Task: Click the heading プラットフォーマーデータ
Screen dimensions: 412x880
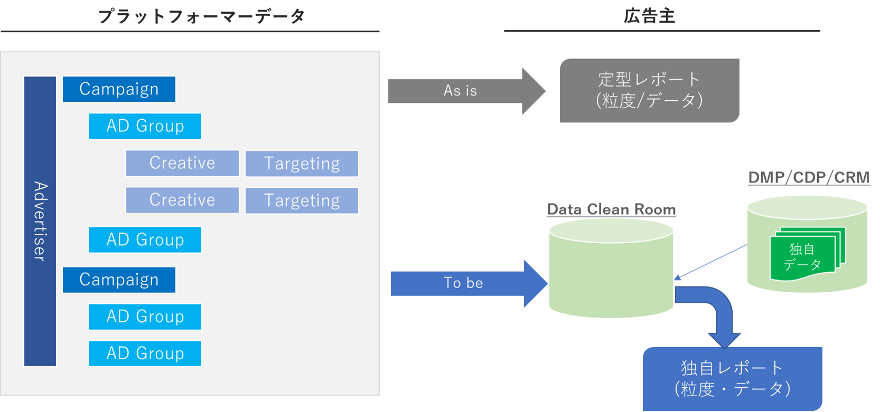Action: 201,16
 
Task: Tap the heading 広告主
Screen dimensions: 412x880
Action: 649,16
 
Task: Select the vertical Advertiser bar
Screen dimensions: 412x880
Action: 40,221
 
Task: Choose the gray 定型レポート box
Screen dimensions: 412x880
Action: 649,91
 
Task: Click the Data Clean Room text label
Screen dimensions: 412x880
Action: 611,209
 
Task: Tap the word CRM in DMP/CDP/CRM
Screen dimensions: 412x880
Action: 851,178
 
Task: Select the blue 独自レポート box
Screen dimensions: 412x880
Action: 732,378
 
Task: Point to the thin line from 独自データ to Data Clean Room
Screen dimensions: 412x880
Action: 710,262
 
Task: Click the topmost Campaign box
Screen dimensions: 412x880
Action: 119,89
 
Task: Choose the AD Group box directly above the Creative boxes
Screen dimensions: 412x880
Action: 145,126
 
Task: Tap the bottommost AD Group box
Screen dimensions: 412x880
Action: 145,353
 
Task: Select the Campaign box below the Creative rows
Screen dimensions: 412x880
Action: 119,280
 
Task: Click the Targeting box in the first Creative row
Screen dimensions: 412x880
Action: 302,164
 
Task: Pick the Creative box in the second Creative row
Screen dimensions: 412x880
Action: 182,200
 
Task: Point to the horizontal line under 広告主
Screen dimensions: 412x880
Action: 661,31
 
